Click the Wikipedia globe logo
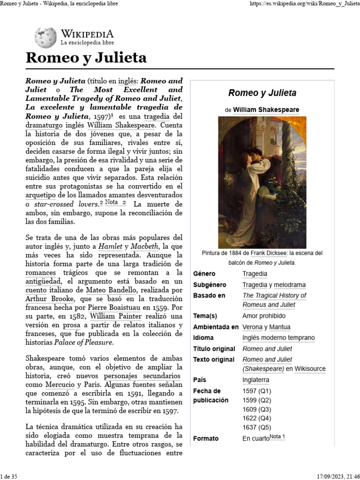45,37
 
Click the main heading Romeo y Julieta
86,58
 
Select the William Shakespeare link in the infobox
266,110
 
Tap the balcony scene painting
262,182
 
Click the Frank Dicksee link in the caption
269,253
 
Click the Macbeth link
145,246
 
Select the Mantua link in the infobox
279,327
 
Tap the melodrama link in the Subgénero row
290,285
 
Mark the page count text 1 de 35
9,476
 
